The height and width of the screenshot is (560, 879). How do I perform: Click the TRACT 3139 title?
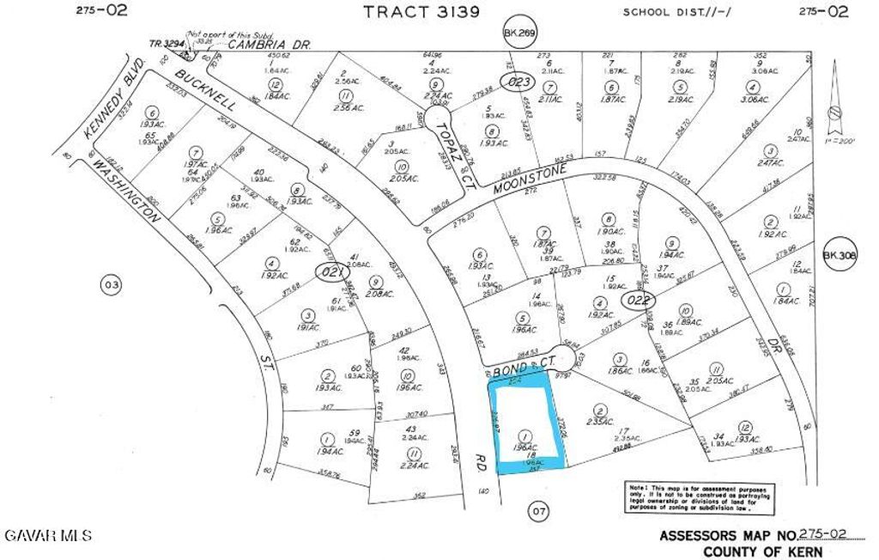tap(421, 12)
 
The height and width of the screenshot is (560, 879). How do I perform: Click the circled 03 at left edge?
tap(110, 283)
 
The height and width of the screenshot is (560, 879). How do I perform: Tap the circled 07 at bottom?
tap(538, 513)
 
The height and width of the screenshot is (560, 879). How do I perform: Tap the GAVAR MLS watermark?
tap(48, 536)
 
